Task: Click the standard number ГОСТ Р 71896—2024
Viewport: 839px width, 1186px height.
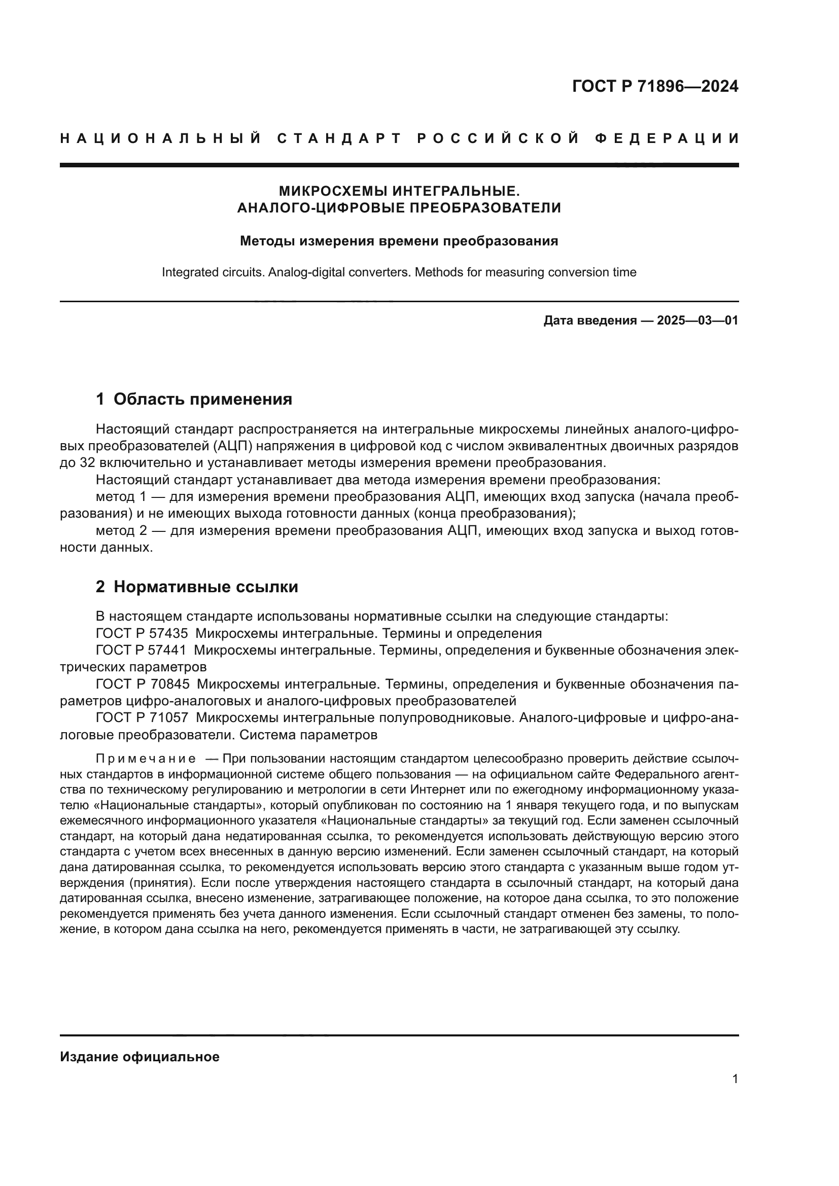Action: (655, 86)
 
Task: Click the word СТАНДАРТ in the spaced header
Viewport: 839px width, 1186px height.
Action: (339, 138)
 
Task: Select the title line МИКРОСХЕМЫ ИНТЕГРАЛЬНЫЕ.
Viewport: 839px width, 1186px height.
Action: (399, 191)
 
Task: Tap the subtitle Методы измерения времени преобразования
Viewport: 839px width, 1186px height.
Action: (399, 241)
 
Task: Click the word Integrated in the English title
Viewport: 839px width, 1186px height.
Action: (188, 272)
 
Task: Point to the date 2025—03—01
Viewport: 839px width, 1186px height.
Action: (697, 320)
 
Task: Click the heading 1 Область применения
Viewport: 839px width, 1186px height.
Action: (194, 399)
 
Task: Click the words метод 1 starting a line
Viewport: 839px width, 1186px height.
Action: (121, 496)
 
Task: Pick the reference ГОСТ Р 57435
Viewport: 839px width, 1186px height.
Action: (142, 633)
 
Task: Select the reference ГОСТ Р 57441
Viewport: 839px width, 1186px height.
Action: (142, 650)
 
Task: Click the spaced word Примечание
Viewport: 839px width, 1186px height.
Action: (146, 758)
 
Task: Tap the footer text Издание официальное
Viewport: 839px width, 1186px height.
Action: (139, 1056)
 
